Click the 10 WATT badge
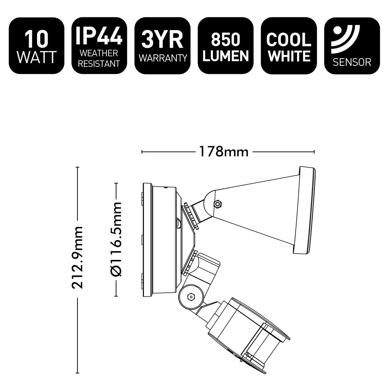pos(37,46)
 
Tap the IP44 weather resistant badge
pos(99,46)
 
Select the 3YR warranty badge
pos(163,46)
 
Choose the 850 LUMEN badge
pos(226,46)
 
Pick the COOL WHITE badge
pos(289,46)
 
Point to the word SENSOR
pos(352,63)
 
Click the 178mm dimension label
pos(223,152)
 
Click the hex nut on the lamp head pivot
pos(218,204)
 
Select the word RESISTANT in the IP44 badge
pos(99,64)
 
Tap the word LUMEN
pos(226,56)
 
